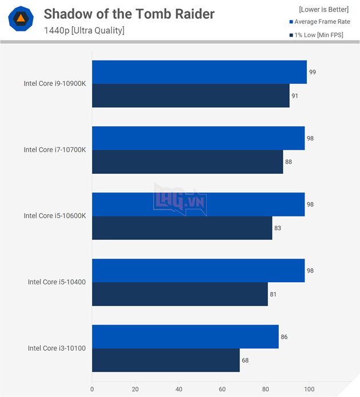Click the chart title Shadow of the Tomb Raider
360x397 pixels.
[129, 13]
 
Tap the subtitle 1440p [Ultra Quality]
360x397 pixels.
[84, 30]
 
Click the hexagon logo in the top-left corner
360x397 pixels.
[20, 19]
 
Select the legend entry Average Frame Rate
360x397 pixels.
[321, 22]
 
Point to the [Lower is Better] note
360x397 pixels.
[323, 9]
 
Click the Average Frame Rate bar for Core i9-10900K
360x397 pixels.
[199, 72]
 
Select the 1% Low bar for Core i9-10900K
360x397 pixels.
[190, 95]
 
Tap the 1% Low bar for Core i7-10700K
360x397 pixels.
[187, 162]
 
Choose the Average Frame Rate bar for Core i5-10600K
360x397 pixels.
[198, 204]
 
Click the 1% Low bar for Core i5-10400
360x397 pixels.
[179, 294]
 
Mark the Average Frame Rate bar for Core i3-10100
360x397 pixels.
[185, 336]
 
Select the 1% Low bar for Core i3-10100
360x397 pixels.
[165, 360]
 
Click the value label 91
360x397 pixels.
[295, 96]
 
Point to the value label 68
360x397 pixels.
[245, 360]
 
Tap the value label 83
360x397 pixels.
[278, 228]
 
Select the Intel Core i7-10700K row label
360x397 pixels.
[54, 150]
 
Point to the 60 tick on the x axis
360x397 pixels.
[222, 390]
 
